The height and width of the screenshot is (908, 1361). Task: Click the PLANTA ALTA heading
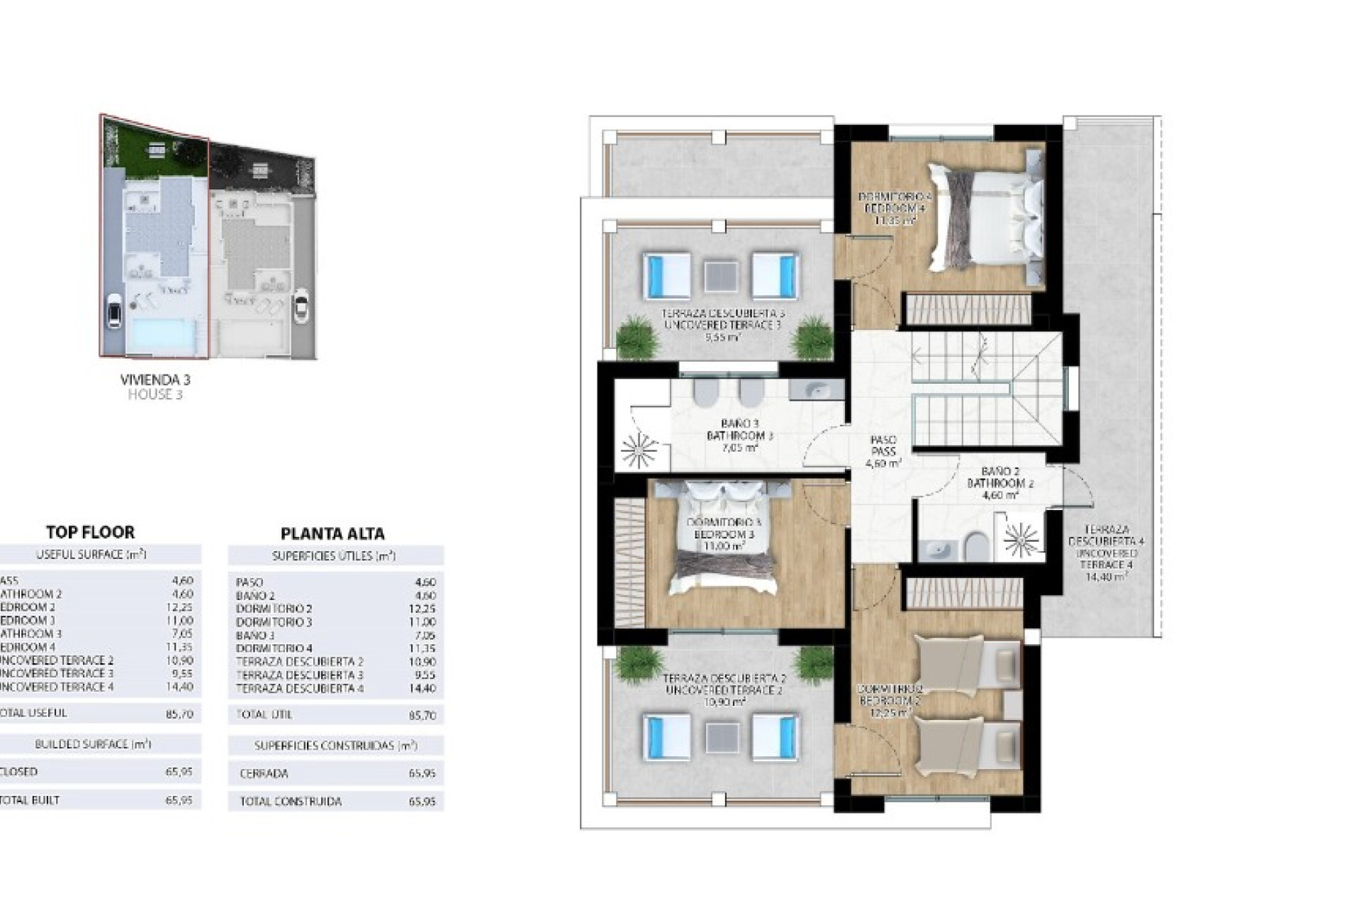pyautogui.click(x=332, y=533)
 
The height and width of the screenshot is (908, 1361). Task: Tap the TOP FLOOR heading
pyautogui.click(x=90, y=532)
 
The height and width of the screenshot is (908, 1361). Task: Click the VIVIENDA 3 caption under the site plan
pyautogui.click(x=155, y=380)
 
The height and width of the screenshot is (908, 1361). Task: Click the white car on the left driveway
pyautogui.click(x=113, y=310)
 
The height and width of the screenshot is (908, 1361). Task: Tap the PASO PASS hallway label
pyautogui.click(x=883, y=451)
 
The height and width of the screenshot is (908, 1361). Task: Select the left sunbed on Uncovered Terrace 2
pyautogui.click(x=667, y=736)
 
